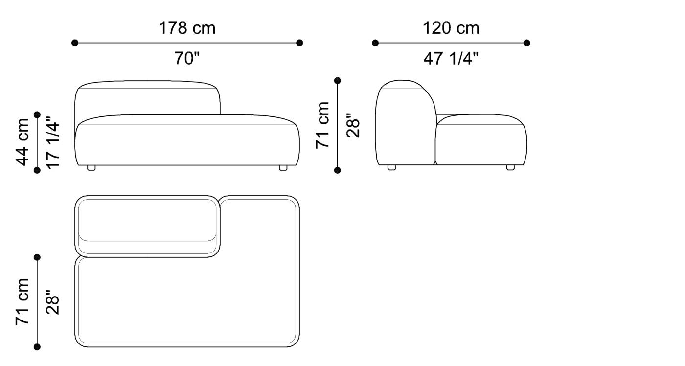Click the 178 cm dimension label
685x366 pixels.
[x=187, y=28]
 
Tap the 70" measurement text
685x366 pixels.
[x=187, y=59]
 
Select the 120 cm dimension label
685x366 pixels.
[x=451, y=28]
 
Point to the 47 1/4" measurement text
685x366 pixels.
[x=451, y=59]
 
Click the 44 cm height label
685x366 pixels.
[x=23, y=142]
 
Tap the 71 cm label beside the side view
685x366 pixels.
[x=322, y=125]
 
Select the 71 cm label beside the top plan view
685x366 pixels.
[x=23, y=301]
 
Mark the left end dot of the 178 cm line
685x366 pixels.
[x=75, y=43]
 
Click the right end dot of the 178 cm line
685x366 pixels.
[x=299, y=43]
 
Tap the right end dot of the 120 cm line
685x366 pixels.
[x=526, y=43]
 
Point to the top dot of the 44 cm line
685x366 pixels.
[x=37, y=114]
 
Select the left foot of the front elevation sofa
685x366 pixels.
[x=91, y=168]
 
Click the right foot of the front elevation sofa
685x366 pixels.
[x=283, y=168]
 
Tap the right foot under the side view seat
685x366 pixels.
[x=510, y=168]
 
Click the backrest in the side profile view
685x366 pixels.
[x=405, y=122]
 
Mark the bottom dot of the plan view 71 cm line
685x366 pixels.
[x=37, y=347]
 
